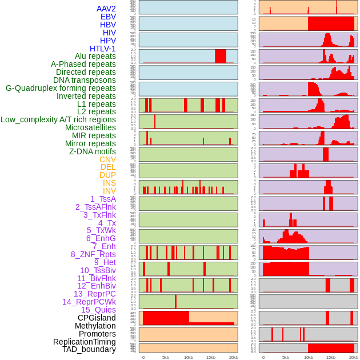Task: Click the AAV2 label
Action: point(106,9)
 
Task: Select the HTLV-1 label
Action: point(102,49)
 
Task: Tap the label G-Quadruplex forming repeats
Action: point(61,88)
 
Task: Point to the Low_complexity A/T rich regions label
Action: point(58,119)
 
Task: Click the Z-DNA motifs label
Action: point(92,151)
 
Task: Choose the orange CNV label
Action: point(107,159)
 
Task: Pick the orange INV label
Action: point(109,191)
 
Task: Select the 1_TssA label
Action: point(103,199)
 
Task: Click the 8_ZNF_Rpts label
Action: point(93,254)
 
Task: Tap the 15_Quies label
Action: point(98,310)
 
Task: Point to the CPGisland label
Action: point(97,318)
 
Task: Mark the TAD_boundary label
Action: point(89,349)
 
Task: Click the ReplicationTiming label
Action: point(85,342)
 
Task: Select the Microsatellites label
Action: point(90,127)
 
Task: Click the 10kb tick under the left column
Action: point(188,357)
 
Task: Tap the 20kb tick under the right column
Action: point(354,357)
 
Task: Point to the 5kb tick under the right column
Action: point(286,357)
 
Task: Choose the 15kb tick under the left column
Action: point(210,357)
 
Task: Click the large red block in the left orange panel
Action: point(166,317)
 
